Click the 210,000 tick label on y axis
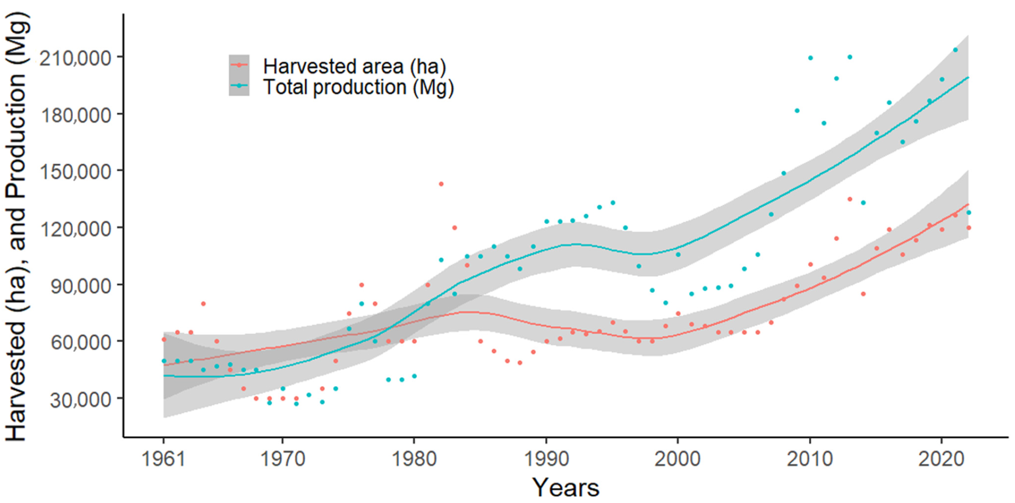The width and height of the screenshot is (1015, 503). click(76, 58)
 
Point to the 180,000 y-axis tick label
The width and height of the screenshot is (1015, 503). click(76, 115)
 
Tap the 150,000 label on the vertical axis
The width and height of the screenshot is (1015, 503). click(76, 172)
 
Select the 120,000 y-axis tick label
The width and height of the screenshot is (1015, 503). click(76, 229)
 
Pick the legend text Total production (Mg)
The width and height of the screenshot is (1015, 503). click(358, 87)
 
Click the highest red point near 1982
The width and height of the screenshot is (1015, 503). click(441, 184)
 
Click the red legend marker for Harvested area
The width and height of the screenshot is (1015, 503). click(239, 65)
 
